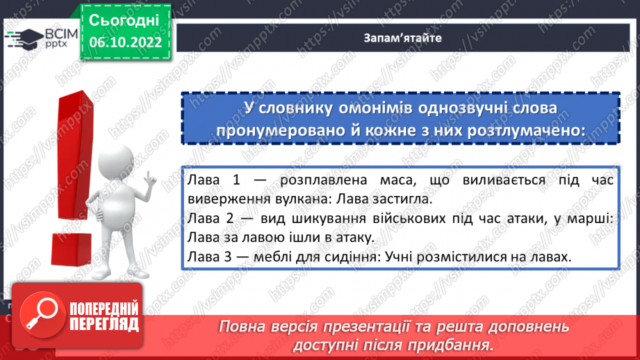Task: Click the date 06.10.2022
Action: (x=126, y=42)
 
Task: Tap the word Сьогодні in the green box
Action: (x=124, y=20)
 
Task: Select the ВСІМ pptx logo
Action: (x=38, y=37)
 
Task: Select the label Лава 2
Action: (x=214, y=219)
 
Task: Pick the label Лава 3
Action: (x=214, y=256)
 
